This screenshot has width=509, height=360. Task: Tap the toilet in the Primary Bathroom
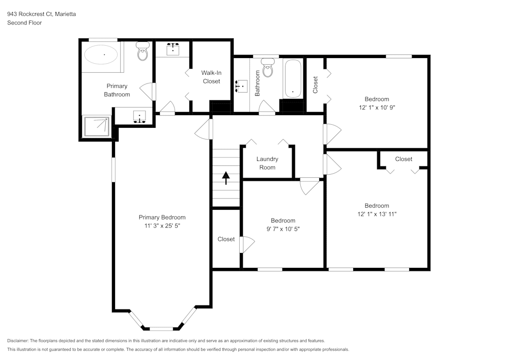pos(143,52)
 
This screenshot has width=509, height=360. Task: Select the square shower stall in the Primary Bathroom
pos(97,126)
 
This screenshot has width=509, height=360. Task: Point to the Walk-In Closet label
pos(211,77)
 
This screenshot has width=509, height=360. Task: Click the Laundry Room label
pos(267,163)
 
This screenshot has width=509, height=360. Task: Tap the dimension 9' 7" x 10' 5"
pos(282,229)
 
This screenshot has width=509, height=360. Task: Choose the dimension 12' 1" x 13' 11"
pos(377,214)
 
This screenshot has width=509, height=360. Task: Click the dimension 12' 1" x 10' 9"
pos(377,107)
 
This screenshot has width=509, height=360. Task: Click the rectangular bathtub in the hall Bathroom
pos(293,78)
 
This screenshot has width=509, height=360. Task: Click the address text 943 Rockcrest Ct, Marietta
pos(42,14)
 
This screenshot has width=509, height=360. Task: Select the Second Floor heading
pos(24,23)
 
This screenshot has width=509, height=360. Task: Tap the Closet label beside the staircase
pos(226,239)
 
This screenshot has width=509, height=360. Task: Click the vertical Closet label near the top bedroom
pos(316,84)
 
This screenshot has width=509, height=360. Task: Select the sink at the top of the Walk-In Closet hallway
pos(173,49)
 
